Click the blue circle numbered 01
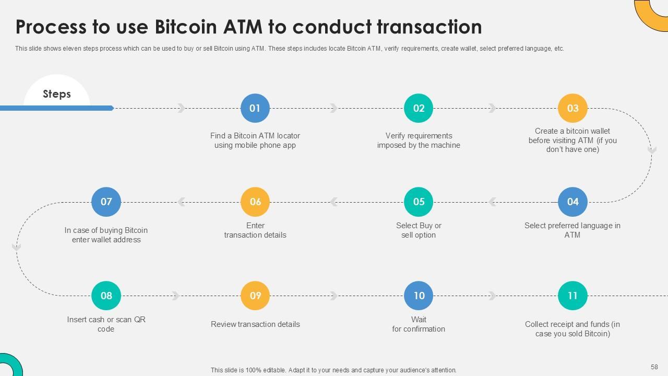point(255,108)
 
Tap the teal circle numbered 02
point(419,108)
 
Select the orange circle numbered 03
point(572,108)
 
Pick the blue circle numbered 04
point(572,202)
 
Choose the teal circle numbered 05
point(419,202)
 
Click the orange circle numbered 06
point(255,202)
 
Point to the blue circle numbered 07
point(106,202)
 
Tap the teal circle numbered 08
point(106,296)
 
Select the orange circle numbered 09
point(255,296)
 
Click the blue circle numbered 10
point(419,296)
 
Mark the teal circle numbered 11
point(572,296)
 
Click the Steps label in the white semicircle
point(56,94)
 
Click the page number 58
point(654,367)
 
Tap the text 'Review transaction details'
point(255,324)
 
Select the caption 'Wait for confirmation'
point(419,324)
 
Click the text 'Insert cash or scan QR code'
point(106,324)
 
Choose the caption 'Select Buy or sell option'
point(419,230)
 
